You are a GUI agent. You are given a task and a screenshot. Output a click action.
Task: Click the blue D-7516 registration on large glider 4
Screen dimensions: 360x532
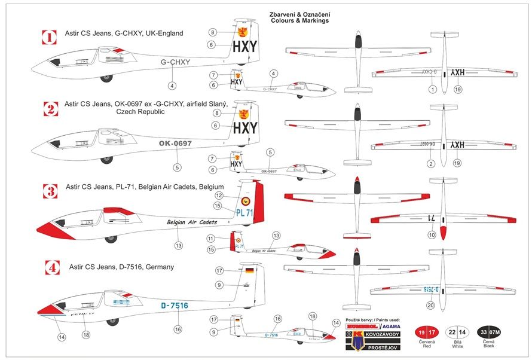[x=175, y=306]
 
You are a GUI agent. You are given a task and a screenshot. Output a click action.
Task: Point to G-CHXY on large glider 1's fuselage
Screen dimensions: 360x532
[x=176, y=62]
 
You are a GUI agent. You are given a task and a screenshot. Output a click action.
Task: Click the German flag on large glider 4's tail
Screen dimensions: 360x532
[x=249, y=271]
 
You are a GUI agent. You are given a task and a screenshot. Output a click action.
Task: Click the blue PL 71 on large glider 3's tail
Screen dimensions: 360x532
[x=244, y=212]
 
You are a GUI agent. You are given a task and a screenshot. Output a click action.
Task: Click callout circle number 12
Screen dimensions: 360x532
[x=219, y=196]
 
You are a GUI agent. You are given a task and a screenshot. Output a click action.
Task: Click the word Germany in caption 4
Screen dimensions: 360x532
[x=159, y=267]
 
